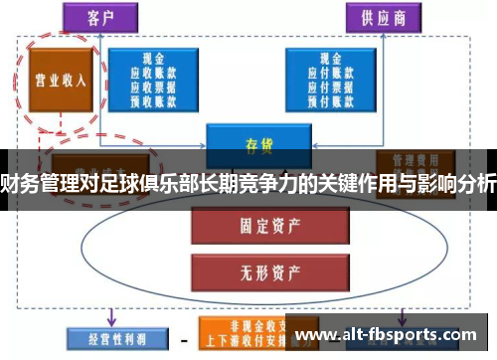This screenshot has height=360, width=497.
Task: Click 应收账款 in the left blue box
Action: (155, 73)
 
